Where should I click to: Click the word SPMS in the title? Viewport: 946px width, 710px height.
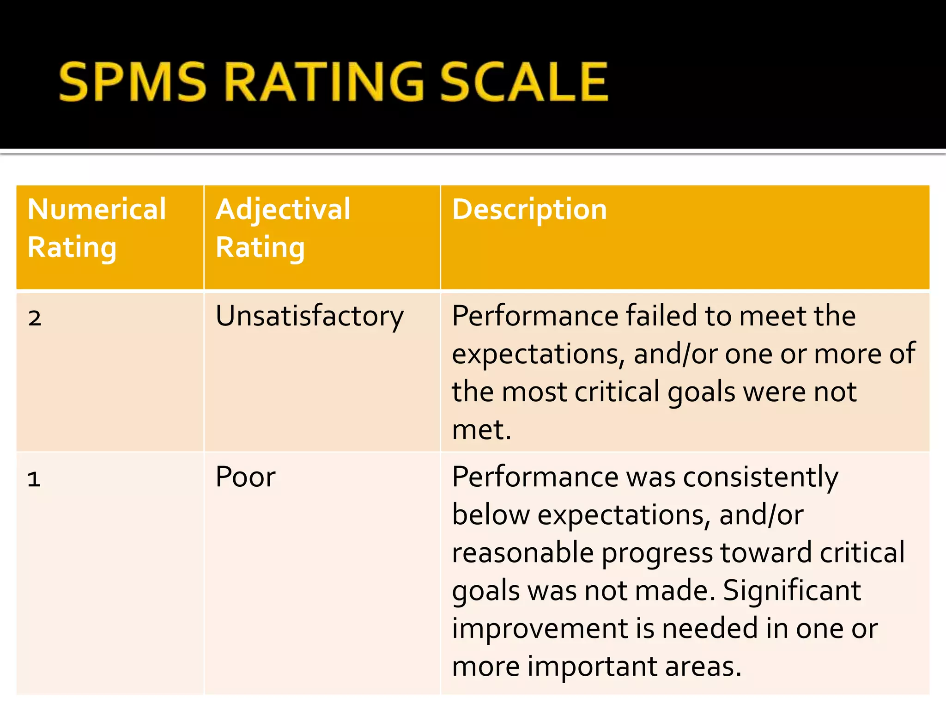pyautogui.click(x=132, y=82)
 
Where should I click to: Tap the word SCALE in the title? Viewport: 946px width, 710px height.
pyautogui.click(x=523, y=82)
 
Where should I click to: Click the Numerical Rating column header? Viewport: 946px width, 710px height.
pyautogui.click(x=97, y=228)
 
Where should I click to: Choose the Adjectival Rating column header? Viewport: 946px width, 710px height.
pyautogui.click(x=283, y=228)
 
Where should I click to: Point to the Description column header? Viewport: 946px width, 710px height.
pyautogui.click(x=529, y=209)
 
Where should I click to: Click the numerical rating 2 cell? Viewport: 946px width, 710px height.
pyautogui.click(x=35, y=318)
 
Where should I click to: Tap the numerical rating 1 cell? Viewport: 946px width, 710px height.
pyautogui.click(x=34, y=478)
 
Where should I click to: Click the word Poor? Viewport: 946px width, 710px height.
pyautogui.click(x=245, y=477)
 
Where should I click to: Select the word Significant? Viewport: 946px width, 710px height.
pyautogui.click(x=792, y=591)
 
